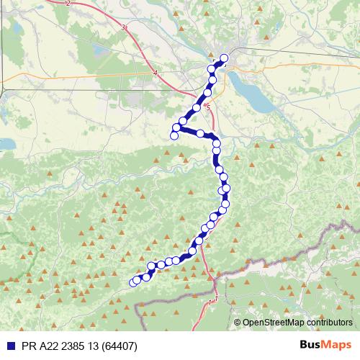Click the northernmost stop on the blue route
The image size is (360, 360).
tap(224, 58)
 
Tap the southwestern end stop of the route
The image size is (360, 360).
tap(133, 282)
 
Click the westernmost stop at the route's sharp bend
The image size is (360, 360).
tap(174, 135)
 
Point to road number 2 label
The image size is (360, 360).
tap(68, 4)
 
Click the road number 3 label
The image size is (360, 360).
tap(124, 28)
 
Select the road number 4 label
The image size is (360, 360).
tap(155, 73)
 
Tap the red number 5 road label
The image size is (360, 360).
tap(208, 107)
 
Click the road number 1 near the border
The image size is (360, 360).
tap(215, 299)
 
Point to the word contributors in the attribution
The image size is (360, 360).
tap(327, 323)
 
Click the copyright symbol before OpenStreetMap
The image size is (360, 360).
tap(238, 323)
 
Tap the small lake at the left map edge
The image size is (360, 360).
tap(6, 143)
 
